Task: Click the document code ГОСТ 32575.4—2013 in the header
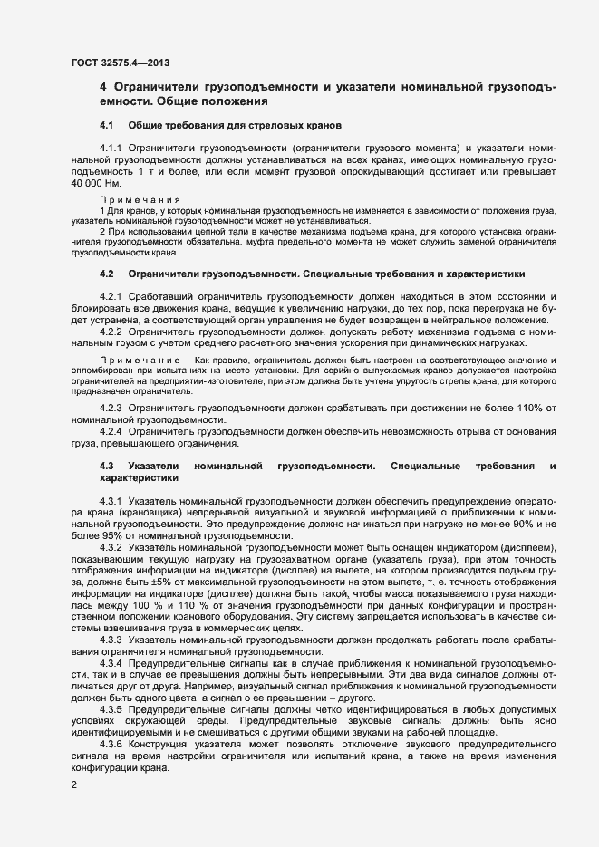119,63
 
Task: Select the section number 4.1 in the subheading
107,123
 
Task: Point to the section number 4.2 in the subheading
107,274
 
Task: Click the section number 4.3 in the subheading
107,465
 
